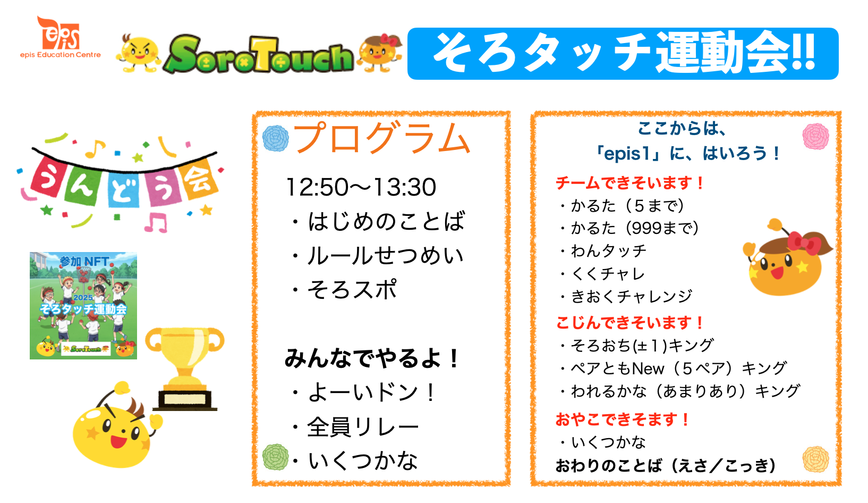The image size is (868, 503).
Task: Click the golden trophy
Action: [x=185, y=369]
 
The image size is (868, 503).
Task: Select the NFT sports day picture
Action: [x=83, y=306]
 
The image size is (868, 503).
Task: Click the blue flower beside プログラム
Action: [x=276, y=138]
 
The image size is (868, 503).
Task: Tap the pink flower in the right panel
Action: [x=816, y=136]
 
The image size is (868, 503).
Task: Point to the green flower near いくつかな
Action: [x=276, y=457]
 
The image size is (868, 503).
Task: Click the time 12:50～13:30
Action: [x=361, y=187]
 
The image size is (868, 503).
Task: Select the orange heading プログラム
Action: [x=382, y=137]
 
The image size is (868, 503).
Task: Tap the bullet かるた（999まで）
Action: [x=629, y=228]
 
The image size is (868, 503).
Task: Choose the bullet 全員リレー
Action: [x=355, y=426]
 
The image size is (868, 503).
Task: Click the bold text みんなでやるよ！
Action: [x=372, y=358]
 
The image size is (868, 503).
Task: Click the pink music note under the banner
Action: [x=156, y=223]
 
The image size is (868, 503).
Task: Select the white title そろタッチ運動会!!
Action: [x=624, y=53]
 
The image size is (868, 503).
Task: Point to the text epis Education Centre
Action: [x=61, y=55]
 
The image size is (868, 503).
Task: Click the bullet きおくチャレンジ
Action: [x=626, y=296]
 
